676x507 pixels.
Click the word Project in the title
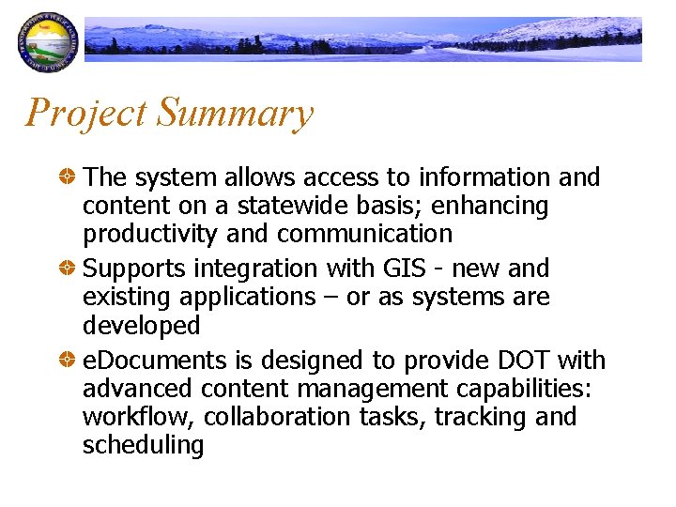(x=85, y=113)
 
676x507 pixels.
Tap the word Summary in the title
(x=235, y=115)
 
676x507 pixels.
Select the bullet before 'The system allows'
(x=68, y=177)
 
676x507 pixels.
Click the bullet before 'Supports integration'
(x=68, y=269)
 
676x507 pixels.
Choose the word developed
(x=142, y=326)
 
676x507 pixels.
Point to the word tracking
(x=482, y=417)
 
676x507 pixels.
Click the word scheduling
(x=143, y=444)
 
